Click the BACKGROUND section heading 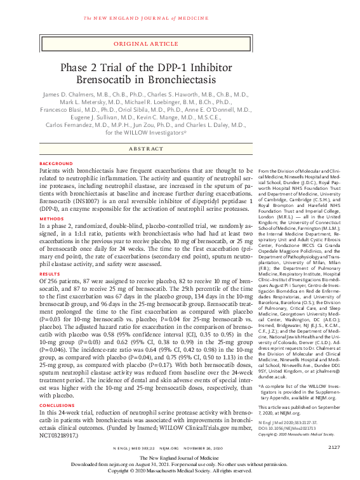point(55,163)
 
